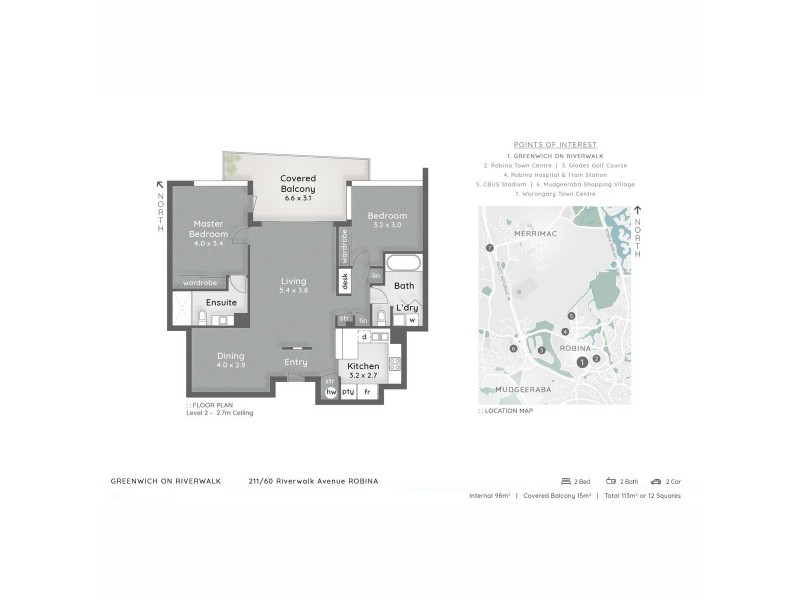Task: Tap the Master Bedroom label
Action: [x=209, y=229]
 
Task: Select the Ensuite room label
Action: [x=221, y=301]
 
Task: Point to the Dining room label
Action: [x=230, y=359]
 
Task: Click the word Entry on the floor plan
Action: [x=296, y=362]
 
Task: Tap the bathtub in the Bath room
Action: [x=405, y=266]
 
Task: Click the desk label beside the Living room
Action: [x=345, y=282]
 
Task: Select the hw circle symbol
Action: [x=332, y=392]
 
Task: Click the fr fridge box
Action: [x=367, y=392]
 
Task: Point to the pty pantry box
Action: [x=349, y=392]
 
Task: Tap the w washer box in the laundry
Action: [x=411, y=320]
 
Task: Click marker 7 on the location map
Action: [x=489, y=247]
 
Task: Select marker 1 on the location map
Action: [x=582, y=362]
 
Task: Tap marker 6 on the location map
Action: [x=513, y=349]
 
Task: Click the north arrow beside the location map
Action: [x=638, y=211]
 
